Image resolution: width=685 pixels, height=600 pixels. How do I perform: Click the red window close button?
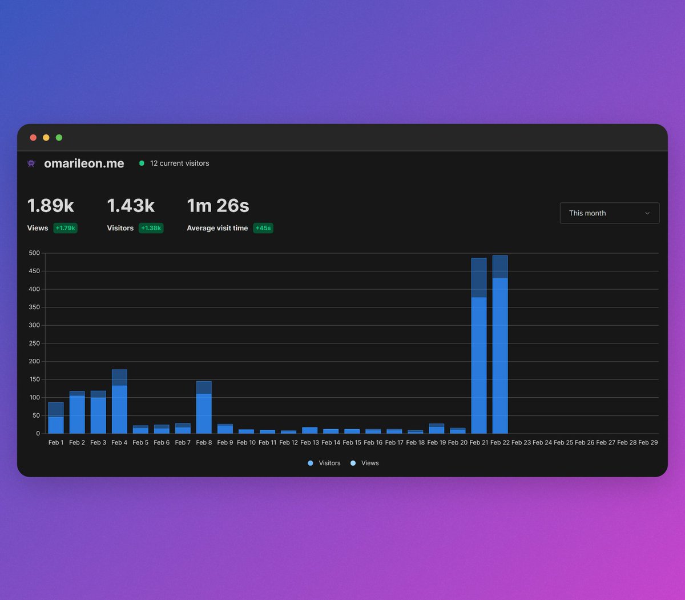point(33,138)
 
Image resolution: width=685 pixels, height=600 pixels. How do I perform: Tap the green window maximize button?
point(59,138)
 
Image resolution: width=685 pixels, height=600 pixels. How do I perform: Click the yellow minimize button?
point(46,138)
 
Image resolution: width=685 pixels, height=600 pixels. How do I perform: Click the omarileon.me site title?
point(84,163)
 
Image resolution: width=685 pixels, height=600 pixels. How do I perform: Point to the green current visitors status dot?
point(142,163)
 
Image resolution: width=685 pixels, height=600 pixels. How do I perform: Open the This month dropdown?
point(609,213)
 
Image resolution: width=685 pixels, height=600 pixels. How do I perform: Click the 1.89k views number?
point(51,206)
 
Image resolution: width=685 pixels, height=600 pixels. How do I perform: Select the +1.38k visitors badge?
point(151,228)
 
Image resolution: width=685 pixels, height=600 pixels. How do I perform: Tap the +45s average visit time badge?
point(263,228)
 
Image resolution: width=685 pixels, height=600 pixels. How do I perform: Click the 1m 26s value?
point(218,206)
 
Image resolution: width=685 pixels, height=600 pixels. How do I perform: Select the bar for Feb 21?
point(479,346)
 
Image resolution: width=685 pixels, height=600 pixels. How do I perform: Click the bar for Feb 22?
point(500,344)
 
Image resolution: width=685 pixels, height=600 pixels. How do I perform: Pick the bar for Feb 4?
point(119,401)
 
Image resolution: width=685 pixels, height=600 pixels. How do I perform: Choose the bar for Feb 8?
point(204,407)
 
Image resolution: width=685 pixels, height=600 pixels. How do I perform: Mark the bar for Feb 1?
point(56,418)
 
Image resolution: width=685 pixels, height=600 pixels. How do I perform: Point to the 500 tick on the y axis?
point(34,253)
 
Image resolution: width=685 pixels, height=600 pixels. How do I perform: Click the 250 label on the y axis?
point(34,343)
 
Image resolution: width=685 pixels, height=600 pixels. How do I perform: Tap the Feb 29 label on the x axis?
point(648,442)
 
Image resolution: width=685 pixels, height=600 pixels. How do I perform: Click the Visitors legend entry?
point(324,463)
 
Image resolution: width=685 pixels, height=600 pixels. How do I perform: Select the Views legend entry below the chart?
point(365,463)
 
